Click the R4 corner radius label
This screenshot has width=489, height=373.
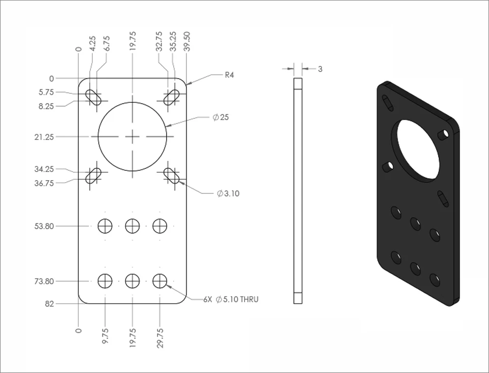point(229,75)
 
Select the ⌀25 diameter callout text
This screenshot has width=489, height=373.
point(221,117)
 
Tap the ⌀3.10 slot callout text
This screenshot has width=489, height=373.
point(228,194)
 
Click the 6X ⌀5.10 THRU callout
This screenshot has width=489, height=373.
point(231,300)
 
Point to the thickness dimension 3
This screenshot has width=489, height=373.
point(320,69)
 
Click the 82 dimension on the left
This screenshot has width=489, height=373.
point(49,304)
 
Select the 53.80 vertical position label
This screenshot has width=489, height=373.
point(44,226)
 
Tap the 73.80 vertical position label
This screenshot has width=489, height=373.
point(44,281)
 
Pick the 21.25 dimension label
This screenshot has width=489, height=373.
point(44,137)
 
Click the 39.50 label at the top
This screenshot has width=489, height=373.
point(187,41)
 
